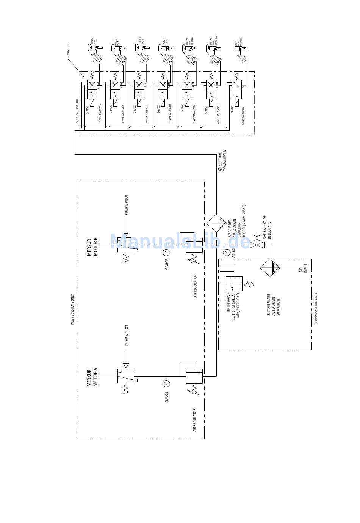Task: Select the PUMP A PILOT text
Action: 127,335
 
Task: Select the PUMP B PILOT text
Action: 126,205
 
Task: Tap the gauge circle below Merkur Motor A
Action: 166,383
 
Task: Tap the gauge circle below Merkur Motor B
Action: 166,253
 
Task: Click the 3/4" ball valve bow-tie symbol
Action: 257,245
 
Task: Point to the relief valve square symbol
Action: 234,284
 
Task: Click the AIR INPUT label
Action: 304,268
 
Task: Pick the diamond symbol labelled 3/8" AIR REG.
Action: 216,223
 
